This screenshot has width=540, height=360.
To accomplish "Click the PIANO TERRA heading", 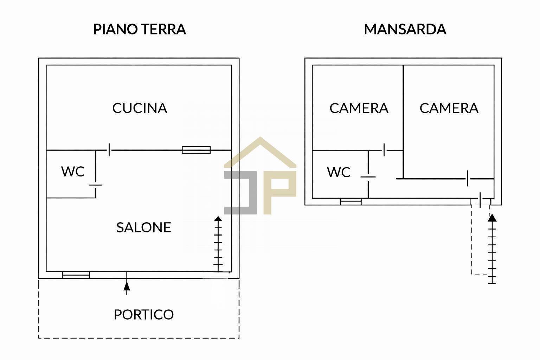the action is click(139, 29).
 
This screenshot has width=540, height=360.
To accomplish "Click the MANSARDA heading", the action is click(405, 29).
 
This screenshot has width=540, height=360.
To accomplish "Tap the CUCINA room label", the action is click(140, 108).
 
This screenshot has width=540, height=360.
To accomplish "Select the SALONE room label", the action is click(143, 227).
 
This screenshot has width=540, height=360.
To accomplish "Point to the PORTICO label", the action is click(143, 314).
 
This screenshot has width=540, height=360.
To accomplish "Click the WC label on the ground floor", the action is click(73, 172).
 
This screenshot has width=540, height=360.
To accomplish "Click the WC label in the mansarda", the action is click(339, 172).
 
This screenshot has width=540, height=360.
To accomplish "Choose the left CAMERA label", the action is click(359, 108).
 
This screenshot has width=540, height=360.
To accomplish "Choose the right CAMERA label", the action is click(449, 108).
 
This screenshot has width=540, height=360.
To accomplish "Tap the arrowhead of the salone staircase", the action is click(218, 219).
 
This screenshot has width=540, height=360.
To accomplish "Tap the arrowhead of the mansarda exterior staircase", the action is click(492, 217).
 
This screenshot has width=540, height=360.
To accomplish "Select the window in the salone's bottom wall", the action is click(76, 275).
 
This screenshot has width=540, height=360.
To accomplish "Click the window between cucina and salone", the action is click(196, 150).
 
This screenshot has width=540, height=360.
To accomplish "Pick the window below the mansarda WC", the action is click(351, 201).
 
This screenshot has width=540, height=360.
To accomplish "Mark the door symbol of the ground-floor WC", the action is click(95, 185).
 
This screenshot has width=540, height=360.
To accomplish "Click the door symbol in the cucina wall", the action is click(109, 150).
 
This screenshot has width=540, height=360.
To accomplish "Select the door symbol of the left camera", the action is click(385, 150).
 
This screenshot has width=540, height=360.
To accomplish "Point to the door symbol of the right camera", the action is click(468, 179).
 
